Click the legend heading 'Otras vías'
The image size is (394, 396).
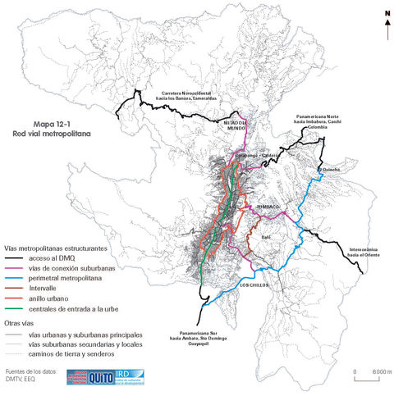tap(20, 324)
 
